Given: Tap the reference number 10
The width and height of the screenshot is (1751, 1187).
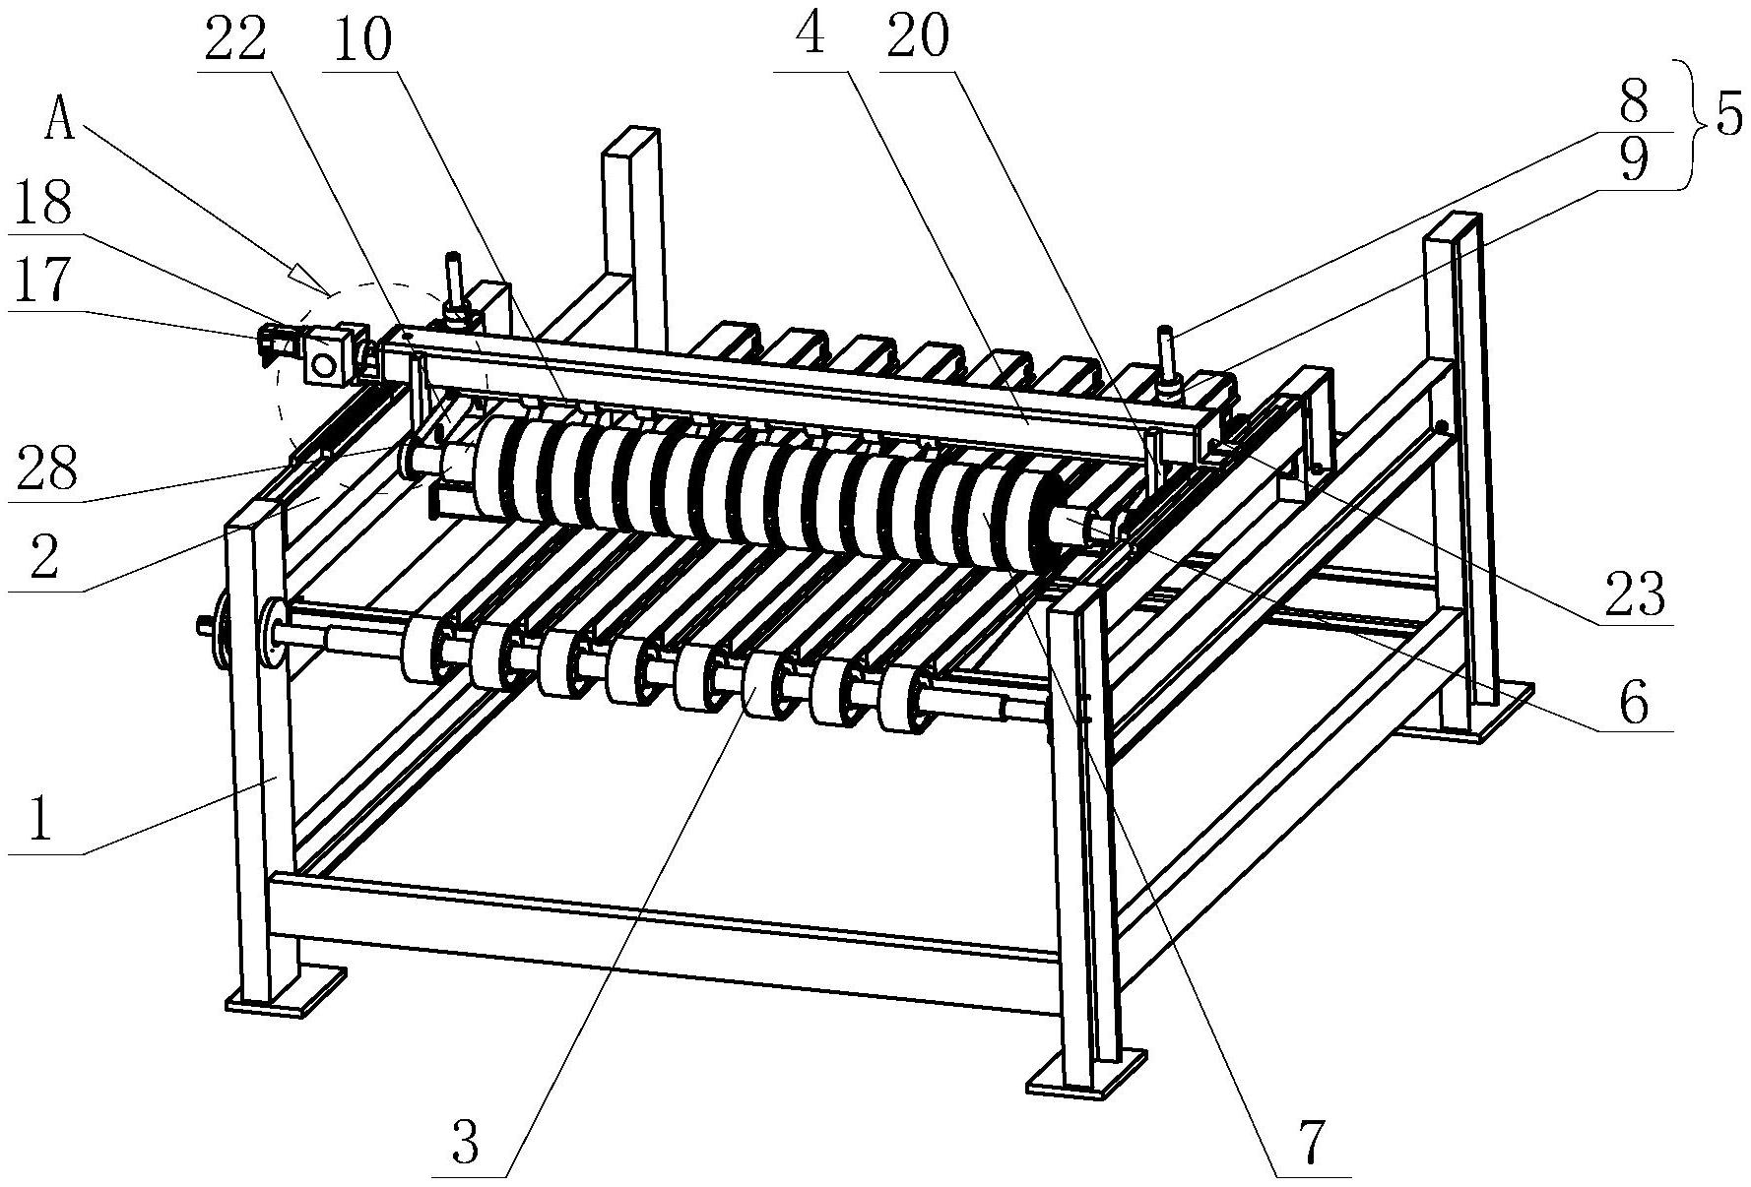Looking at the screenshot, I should (x=360, y=42).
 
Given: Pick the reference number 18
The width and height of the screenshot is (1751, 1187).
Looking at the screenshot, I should (x=44, y=205).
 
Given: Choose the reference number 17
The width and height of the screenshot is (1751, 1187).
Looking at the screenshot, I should (x=44, y=280).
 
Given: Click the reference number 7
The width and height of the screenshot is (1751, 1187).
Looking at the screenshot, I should (x=1313, y=1144).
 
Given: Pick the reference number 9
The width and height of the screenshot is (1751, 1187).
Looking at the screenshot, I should (x=1633, y=160).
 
